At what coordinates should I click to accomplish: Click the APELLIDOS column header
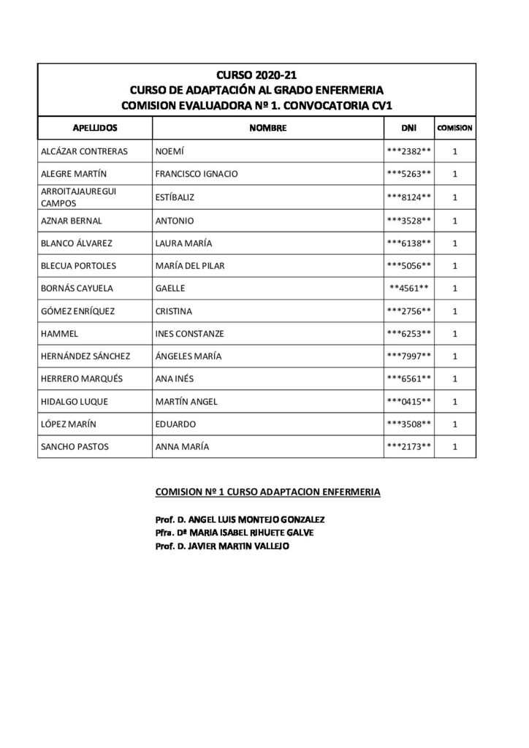click(94, 129)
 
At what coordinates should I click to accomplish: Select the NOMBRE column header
click(267, 129)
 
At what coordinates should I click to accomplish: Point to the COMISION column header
click(454, 129)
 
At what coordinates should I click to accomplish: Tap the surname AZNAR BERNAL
click(72, 220)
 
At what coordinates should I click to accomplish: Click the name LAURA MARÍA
click(183, 243)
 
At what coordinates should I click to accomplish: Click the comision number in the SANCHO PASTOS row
click(454, 446)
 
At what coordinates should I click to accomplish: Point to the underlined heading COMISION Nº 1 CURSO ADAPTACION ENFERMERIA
click(268, 492)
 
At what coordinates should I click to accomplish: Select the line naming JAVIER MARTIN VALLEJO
click(223, 546)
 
